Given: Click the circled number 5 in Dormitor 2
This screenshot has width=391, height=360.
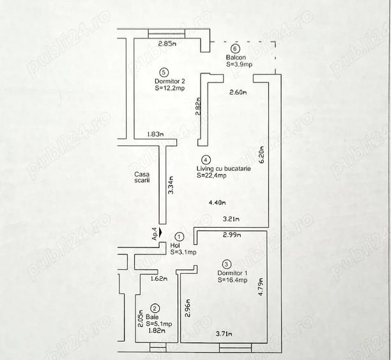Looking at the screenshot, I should pos(164,72).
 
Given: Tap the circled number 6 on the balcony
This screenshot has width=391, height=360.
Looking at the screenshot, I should pos(235,49).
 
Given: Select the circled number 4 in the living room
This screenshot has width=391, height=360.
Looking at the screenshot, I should pos(204,160).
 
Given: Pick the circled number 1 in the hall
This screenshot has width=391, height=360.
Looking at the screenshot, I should pos(179,237).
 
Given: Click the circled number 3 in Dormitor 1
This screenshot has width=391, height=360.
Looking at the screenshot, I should pos(226,263).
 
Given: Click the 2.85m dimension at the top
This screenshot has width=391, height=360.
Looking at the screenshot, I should pos(167,44).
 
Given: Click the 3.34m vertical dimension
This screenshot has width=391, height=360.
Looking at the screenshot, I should pos(170,185).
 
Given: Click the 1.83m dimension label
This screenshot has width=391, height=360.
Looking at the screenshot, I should pos(155,134).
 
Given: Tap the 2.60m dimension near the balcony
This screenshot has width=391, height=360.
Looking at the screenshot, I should pos(239,93).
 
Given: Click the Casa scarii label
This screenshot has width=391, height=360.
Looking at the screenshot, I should pos(142,177).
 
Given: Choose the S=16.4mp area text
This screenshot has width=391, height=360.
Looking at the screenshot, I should pos(231,279).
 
